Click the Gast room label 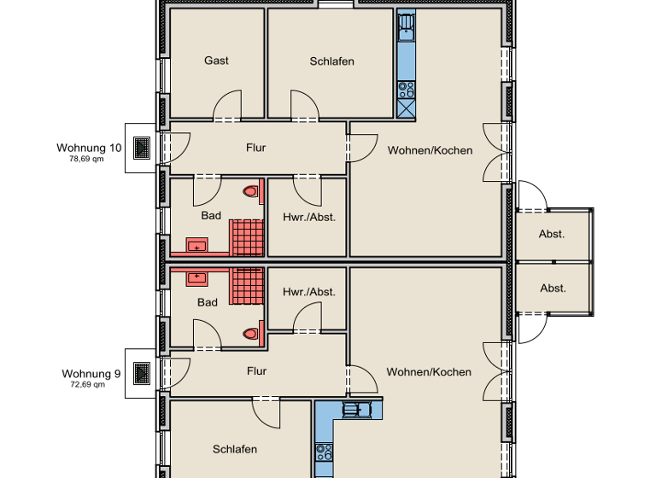[216, 61]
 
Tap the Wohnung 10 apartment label [89, 148]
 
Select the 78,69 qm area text [86, 159]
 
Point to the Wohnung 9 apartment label [91, 373]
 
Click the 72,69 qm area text [87, 384]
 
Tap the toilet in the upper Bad [250, 192]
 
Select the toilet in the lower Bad [250, 334]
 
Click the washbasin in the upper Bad [197, 248]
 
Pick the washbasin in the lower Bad [197, 277]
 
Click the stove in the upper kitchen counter [406, 88]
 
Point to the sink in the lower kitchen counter [352, 410]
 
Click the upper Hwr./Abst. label [309, 217]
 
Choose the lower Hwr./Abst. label [309, 292]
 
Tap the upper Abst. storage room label [552, 234]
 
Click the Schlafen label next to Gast [332, 61]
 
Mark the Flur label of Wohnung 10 [256, 148]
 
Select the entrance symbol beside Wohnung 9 [142, 373]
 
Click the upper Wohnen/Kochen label [430, 150]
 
